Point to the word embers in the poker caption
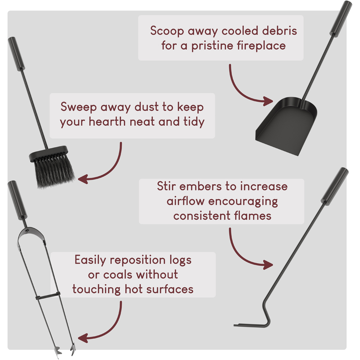(x=205, y=186)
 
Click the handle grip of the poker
(x=335, y=186)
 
